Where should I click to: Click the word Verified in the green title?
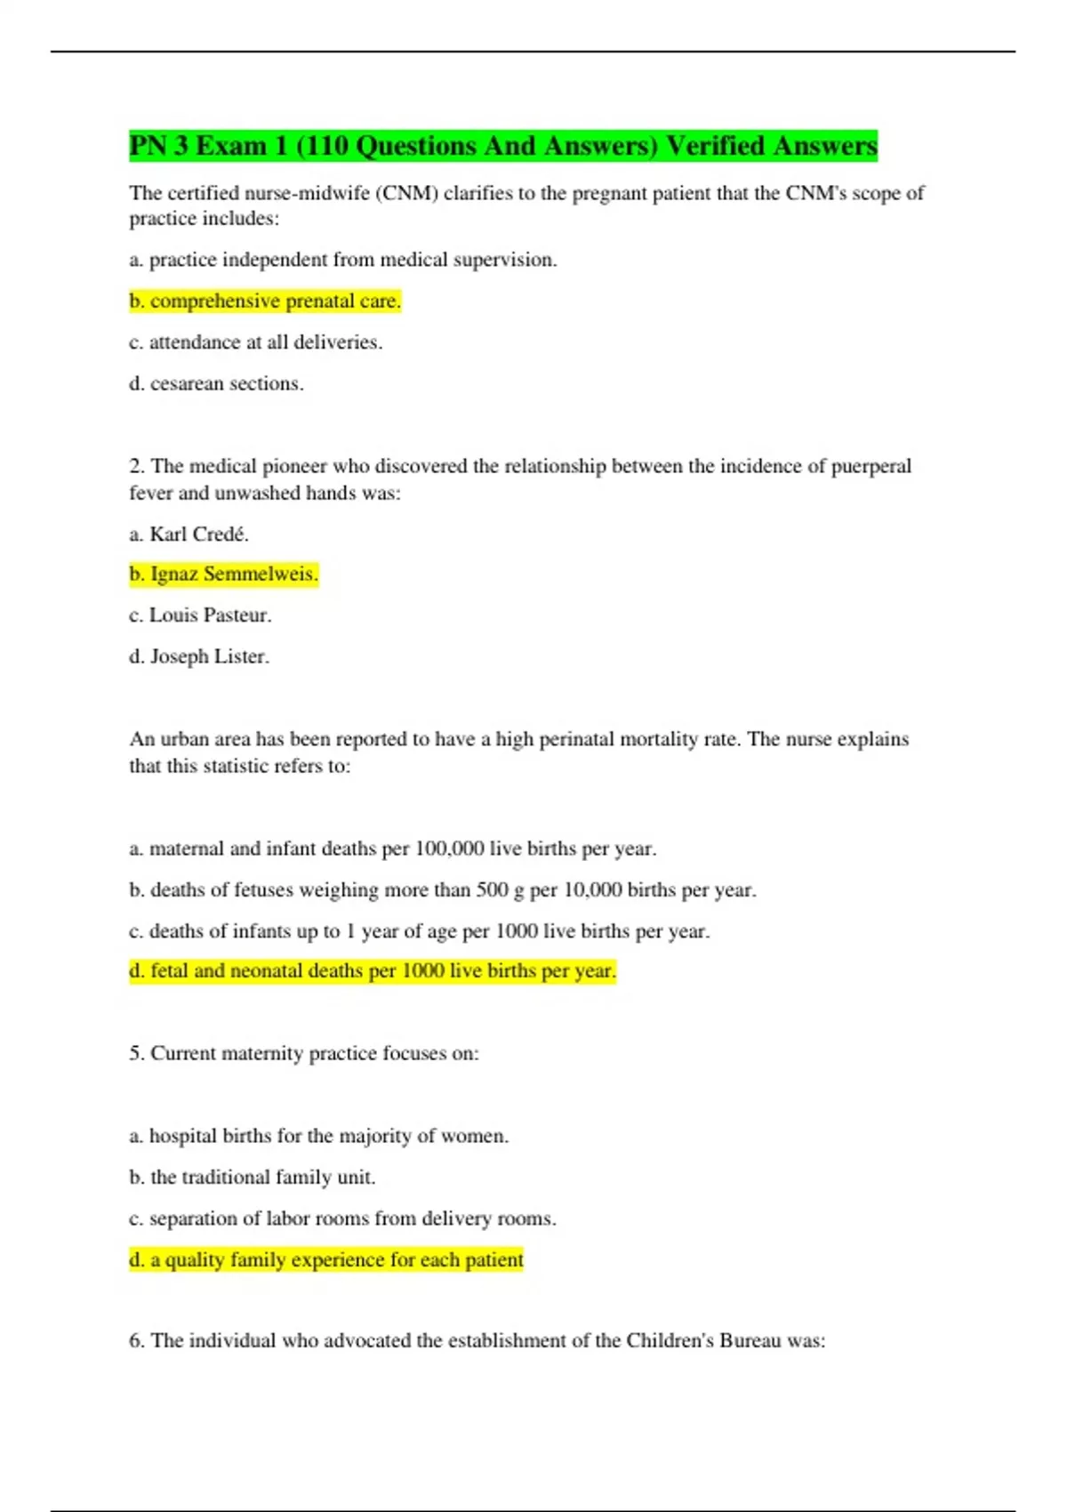[715, 146]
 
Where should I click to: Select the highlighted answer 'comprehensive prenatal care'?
[265, 302]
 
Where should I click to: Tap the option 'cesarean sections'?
[216, 384]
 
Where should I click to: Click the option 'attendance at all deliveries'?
[256, 342]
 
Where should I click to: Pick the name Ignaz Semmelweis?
[223, 575]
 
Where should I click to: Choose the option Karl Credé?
[189, 535]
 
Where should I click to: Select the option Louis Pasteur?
[200, 615]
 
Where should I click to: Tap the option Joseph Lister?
[199, 657]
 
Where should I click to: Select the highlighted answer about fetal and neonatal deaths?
[373, 971]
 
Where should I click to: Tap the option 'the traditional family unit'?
[253, 1178]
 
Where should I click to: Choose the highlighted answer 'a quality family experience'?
[326, 1260]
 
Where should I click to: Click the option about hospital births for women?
[319, 1137]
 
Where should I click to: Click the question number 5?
[136, 1054]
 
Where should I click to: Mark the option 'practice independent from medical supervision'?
[343, 261]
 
